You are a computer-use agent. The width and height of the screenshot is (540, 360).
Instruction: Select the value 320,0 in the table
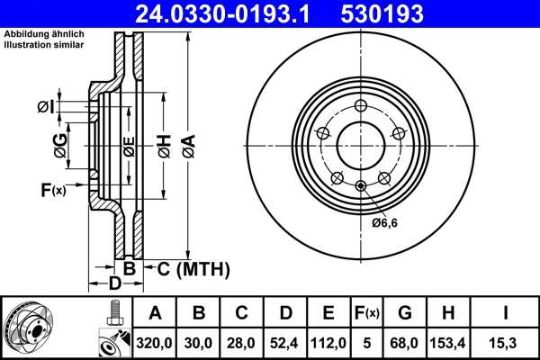[155, 342]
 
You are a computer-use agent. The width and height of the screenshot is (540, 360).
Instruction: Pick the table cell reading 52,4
[285, 342]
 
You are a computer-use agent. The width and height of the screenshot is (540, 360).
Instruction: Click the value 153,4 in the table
[449, 342]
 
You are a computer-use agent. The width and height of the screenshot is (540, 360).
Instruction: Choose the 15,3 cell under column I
[507, 342]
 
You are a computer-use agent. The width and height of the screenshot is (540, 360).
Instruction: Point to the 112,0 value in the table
[328, 342]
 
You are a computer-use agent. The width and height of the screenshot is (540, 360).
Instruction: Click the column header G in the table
[405, 313]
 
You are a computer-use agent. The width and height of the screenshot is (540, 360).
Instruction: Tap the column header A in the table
[155, 313]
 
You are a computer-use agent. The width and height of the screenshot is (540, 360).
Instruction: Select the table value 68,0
[405, 342]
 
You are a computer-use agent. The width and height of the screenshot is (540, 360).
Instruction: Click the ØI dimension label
[46, 107]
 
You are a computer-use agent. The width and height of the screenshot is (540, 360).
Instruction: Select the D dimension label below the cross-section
[114, 284]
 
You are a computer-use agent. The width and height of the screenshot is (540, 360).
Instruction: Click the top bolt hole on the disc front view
[360, 104]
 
